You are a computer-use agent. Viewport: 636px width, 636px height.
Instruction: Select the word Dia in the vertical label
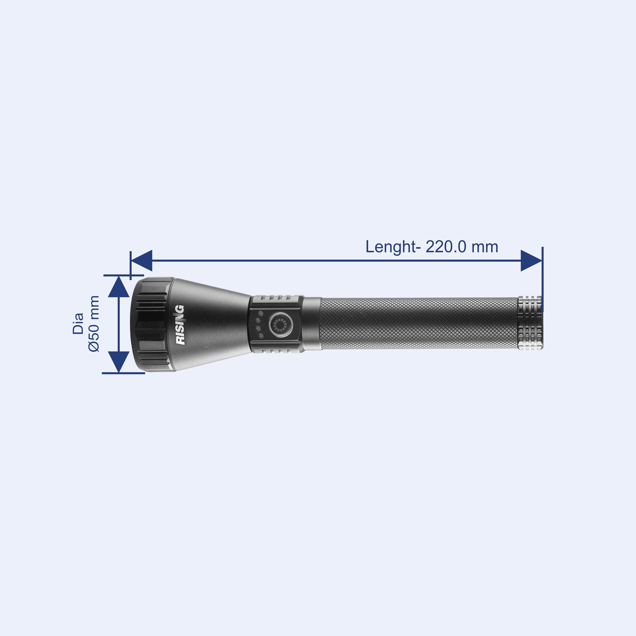(x=78, y=324)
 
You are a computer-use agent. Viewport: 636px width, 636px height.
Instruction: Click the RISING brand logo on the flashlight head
(x=180, y=325)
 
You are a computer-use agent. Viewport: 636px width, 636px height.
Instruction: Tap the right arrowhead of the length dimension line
(x=531, y=261)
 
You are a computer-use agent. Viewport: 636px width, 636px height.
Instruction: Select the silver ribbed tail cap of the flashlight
(x=530, y=323)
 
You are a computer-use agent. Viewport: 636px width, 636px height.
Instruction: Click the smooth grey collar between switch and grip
(x=311, y=323)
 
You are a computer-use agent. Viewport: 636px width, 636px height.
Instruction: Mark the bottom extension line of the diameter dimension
(x=123, y=373)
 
